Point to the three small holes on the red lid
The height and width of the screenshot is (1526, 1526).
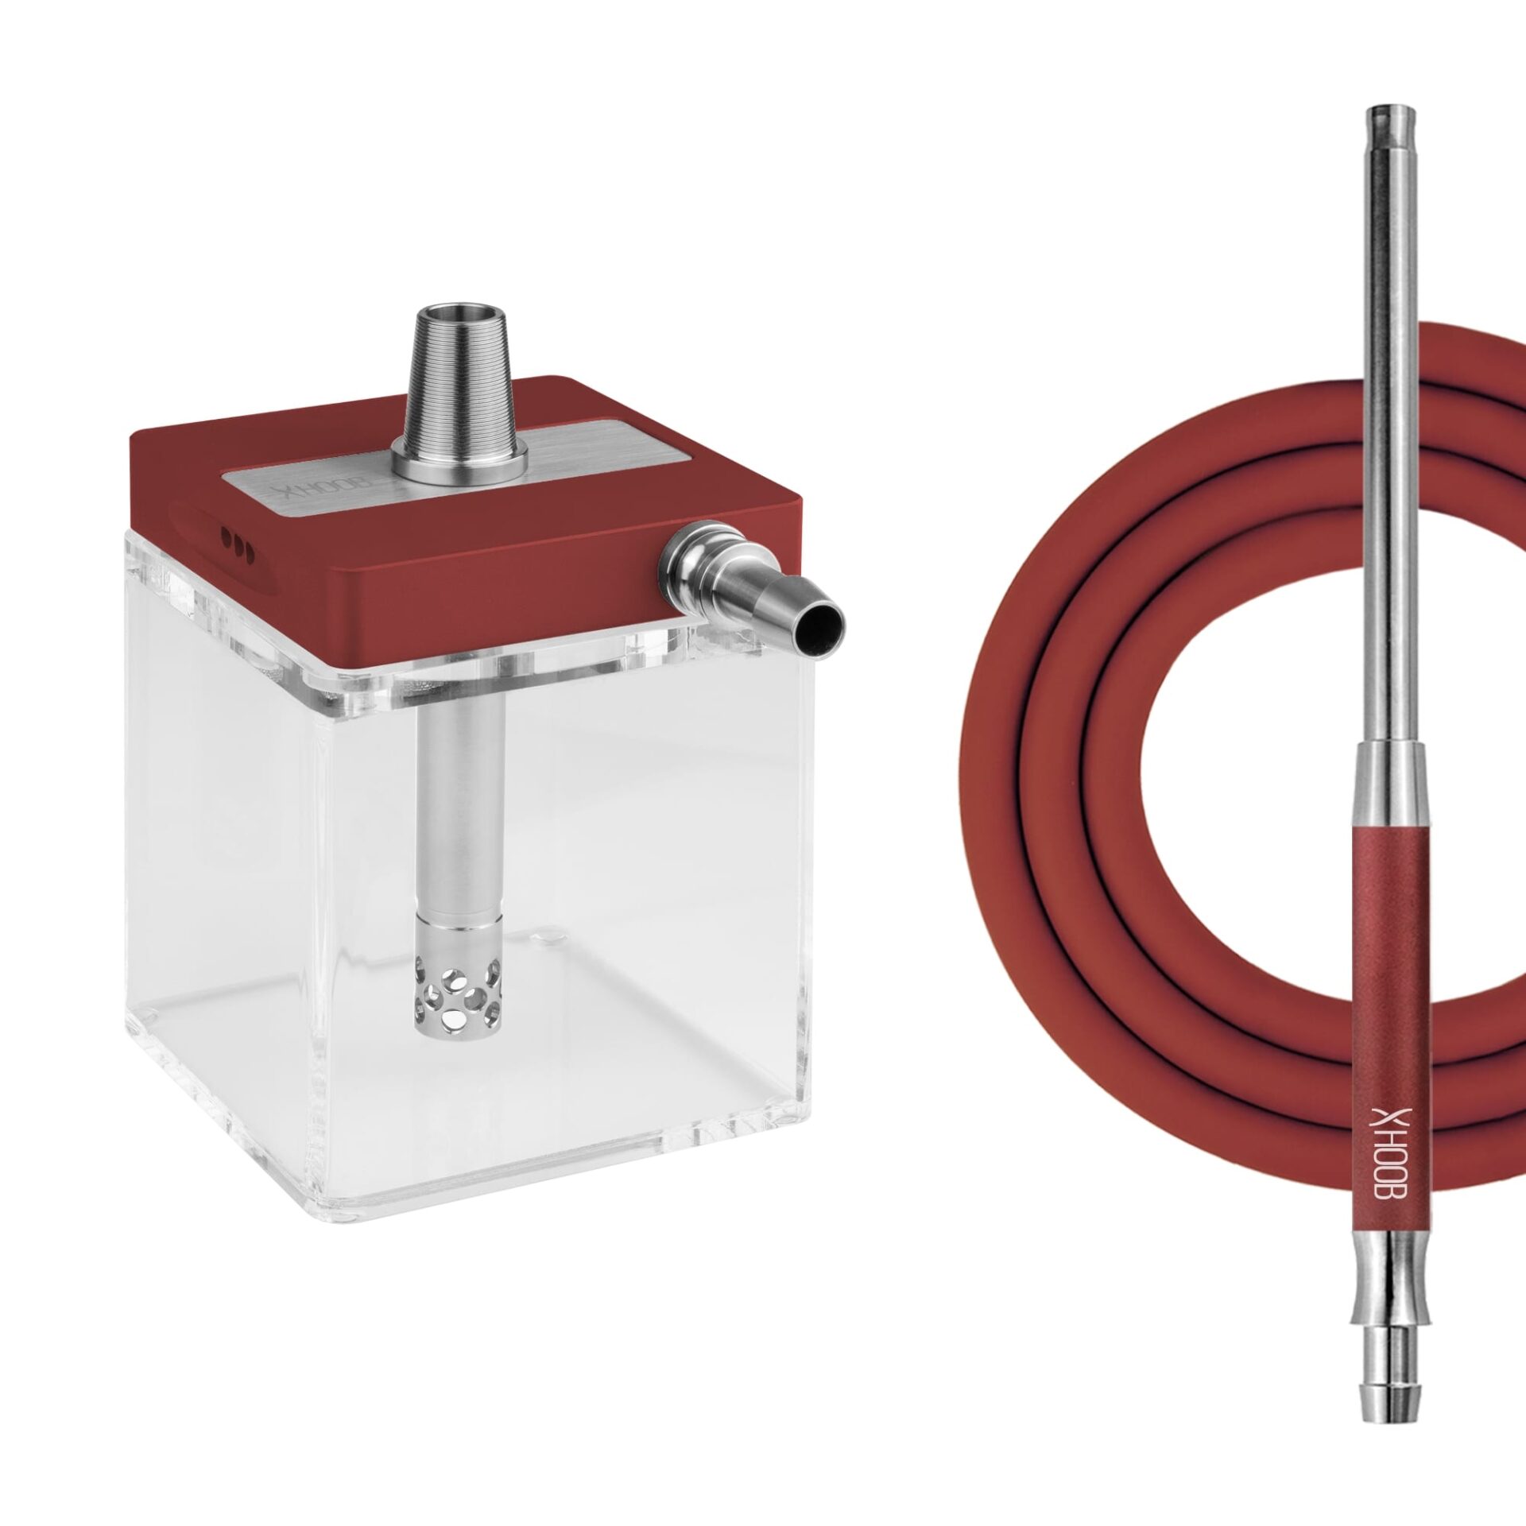pos(238,544)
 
